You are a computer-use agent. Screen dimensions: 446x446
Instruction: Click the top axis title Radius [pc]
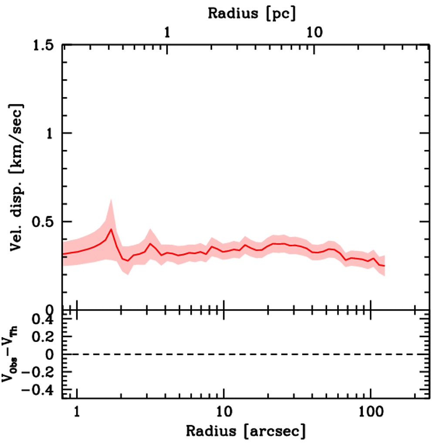[x=252, y=13]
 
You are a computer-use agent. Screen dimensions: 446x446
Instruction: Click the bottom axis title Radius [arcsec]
[x=246, y=431]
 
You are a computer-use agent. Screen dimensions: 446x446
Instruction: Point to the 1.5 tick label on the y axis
[x=45, y=45]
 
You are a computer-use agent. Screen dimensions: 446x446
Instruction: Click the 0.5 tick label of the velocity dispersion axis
[x=45, y=221]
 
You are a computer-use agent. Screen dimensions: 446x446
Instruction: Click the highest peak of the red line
[x=111, y=229]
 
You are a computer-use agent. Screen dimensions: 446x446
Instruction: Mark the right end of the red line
[x=385, y=266]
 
